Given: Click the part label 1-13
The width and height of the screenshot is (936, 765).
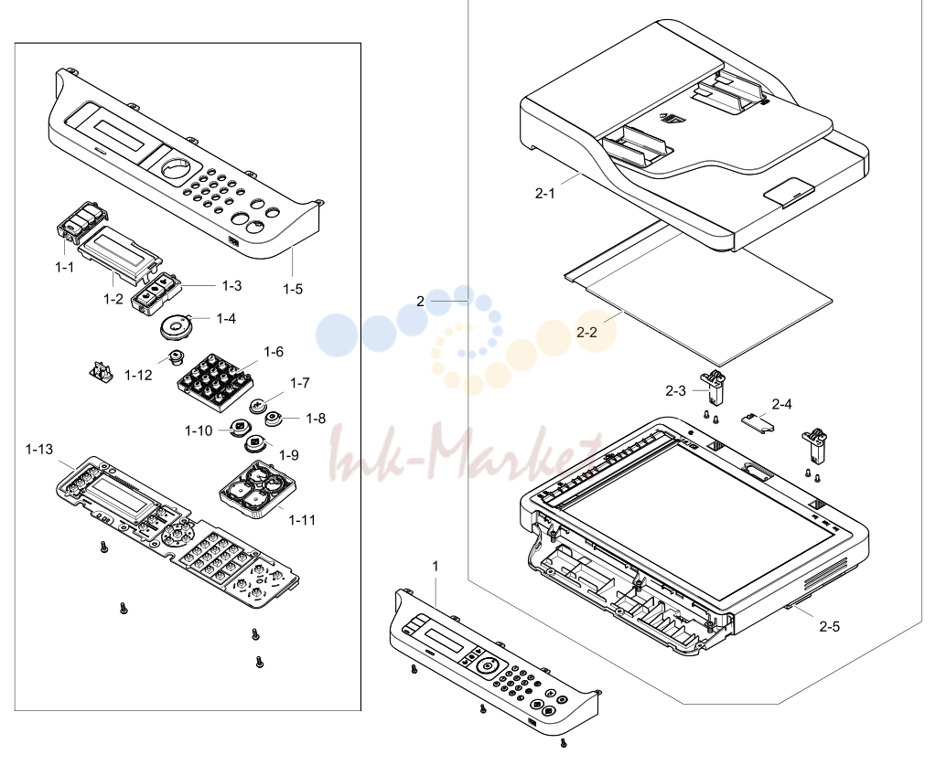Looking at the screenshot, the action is (38, 449).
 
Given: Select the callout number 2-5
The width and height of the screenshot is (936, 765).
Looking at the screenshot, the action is (829, 627).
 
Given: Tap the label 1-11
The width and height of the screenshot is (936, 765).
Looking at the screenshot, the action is (302, 520).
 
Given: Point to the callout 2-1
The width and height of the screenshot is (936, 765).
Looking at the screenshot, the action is (544, 193).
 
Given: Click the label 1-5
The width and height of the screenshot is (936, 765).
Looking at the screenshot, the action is (293, 289).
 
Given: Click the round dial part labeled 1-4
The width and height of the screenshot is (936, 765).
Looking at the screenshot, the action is (177, 326).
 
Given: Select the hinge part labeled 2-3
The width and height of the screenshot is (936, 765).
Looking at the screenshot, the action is (713, 387).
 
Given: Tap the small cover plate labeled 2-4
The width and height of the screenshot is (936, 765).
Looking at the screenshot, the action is (758, 421).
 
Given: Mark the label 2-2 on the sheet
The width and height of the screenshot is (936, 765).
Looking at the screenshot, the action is (586, 332).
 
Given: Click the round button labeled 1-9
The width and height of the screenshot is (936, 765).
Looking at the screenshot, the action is (256, 445).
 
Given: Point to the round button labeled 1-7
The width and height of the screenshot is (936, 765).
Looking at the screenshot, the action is (258, 406).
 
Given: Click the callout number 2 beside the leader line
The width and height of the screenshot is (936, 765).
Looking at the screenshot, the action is (420, 301).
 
